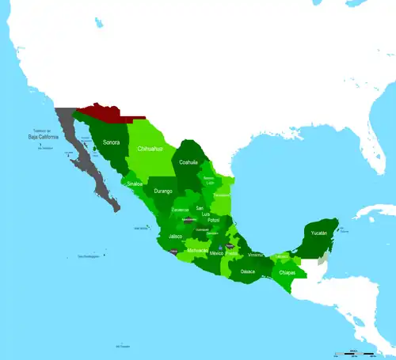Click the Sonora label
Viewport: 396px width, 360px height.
point(112,142)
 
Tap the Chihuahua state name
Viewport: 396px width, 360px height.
point(150,148)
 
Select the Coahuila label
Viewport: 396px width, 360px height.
point(188,162)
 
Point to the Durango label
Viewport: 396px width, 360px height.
point(163,191)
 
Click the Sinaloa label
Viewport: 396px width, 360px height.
point(135,184)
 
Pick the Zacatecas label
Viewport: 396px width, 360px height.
point(181,210)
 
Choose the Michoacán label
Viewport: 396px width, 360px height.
point(198,250)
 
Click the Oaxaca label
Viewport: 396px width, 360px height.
point(248,271)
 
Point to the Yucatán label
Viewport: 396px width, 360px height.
point(318,233)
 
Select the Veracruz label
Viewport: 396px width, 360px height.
point(255,255)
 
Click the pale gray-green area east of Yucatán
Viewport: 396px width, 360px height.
point(322,257)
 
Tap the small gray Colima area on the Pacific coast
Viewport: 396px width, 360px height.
point(174,252)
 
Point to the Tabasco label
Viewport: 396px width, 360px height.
point(283,257)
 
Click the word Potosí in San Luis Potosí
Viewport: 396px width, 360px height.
point(214,220)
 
